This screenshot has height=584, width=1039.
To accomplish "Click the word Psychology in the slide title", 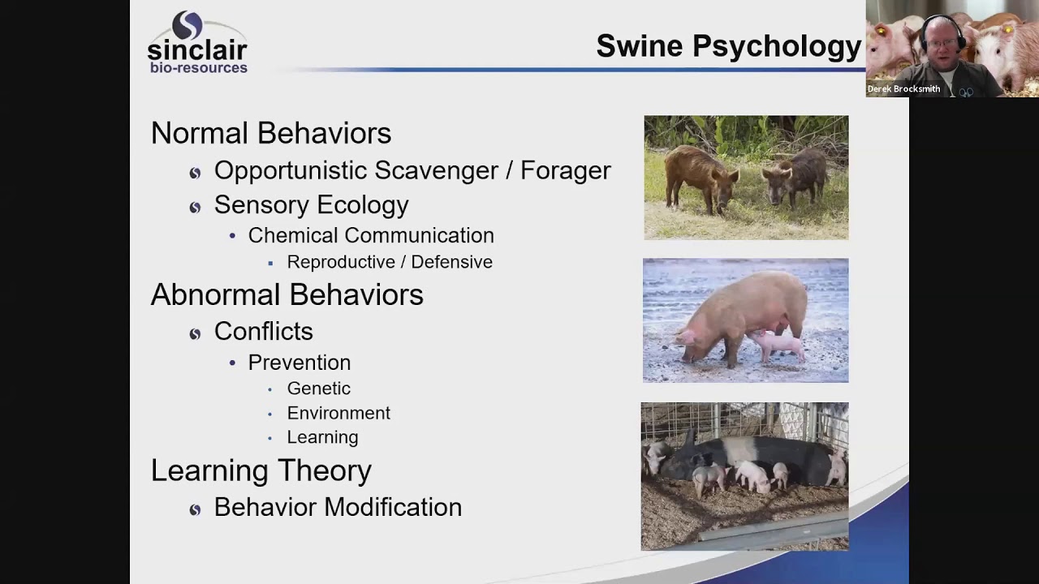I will tap(777, 46).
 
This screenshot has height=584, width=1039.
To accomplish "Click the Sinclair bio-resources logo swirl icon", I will tap(188, 25).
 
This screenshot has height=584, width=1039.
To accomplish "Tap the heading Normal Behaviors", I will tap(271, 133).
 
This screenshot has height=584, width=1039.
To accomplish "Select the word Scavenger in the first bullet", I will tap(443, 170).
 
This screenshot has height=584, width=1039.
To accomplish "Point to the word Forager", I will tap(565, 170).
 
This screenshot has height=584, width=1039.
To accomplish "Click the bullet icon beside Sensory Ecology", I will tap(195, 207).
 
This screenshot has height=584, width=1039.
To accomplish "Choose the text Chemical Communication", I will tap(371, 235).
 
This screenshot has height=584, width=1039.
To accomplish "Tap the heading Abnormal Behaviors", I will tap(287, 294).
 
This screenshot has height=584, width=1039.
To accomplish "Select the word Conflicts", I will tap(263, 331).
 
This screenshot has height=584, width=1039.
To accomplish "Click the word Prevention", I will tap(300, 363).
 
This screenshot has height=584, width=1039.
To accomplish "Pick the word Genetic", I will tap(319, 389).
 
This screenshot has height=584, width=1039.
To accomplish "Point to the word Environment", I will tap(338, 413).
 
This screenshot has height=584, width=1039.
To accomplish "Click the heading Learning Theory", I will tap(261, 470).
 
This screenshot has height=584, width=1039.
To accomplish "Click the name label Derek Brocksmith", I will tap(903, 89).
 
